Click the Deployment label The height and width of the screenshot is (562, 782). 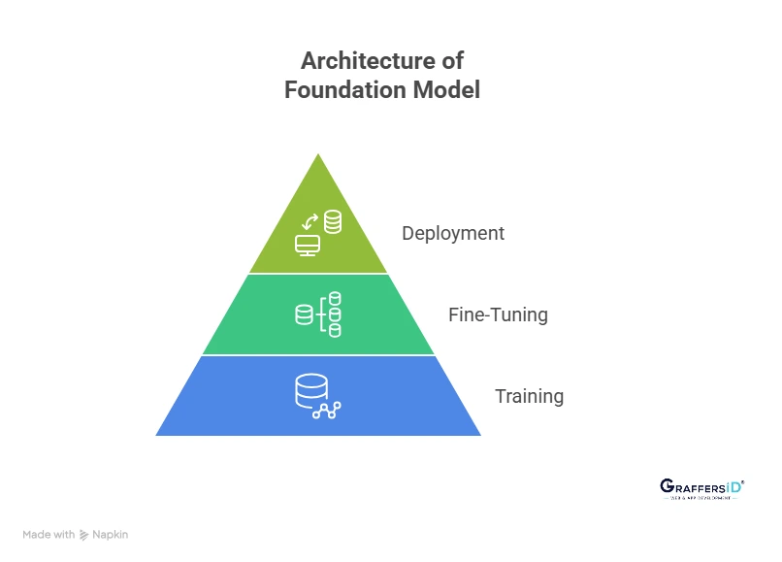(453, 234)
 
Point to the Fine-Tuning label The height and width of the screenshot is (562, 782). (498, 314)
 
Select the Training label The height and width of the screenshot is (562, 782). (529, 396)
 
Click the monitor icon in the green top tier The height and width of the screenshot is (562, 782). (308, 245)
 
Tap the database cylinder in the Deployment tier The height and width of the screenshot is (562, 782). (333, 222)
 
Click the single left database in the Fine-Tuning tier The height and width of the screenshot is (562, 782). (304, 314)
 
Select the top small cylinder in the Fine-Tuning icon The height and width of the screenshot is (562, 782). (335, 298)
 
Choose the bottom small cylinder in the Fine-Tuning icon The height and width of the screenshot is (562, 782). (335, 330)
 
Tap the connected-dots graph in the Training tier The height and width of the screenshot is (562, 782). (326, 411)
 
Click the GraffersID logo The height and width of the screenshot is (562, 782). (700, 485)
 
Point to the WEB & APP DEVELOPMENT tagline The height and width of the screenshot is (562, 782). (700, 498)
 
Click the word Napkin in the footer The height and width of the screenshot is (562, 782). (110, 534)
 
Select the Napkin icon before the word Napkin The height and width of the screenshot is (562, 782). (84, 535)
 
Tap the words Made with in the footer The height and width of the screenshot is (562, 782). (49, 534)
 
